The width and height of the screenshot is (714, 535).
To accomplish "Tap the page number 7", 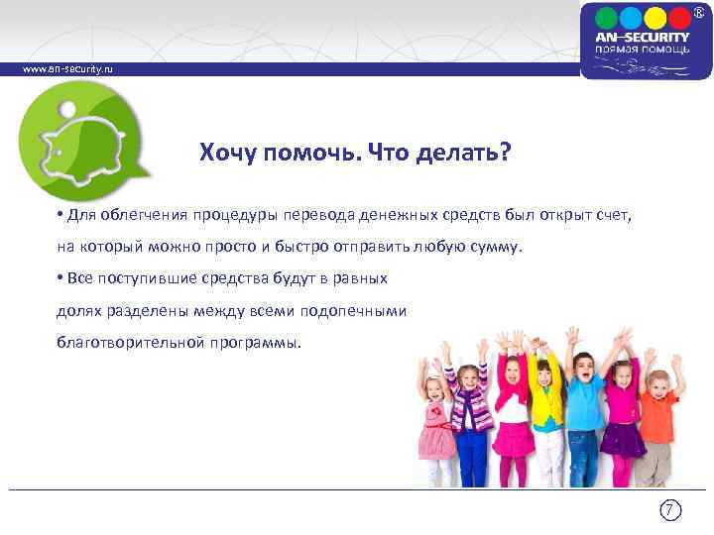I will pos(671,511).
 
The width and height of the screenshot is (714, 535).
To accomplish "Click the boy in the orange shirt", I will pos(655,416).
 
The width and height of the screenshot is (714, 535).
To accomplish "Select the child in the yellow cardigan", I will pos(544,406).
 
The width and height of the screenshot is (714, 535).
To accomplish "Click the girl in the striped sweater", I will pos(472,411).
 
